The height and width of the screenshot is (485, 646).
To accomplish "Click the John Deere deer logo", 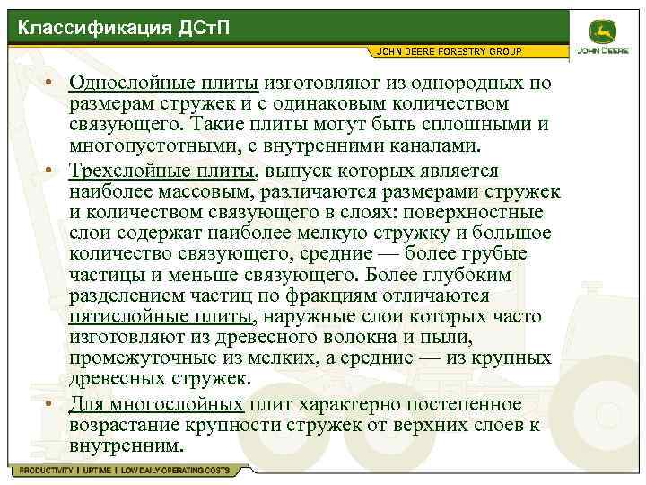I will (x=602, y=31).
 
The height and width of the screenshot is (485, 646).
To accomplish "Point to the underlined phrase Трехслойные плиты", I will (x=162, y=171).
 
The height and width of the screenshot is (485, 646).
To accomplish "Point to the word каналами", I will (x=445, y=145).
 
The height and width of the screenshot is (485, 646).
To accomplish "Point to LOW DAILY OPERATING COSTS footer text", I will (x=175, y=471).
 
